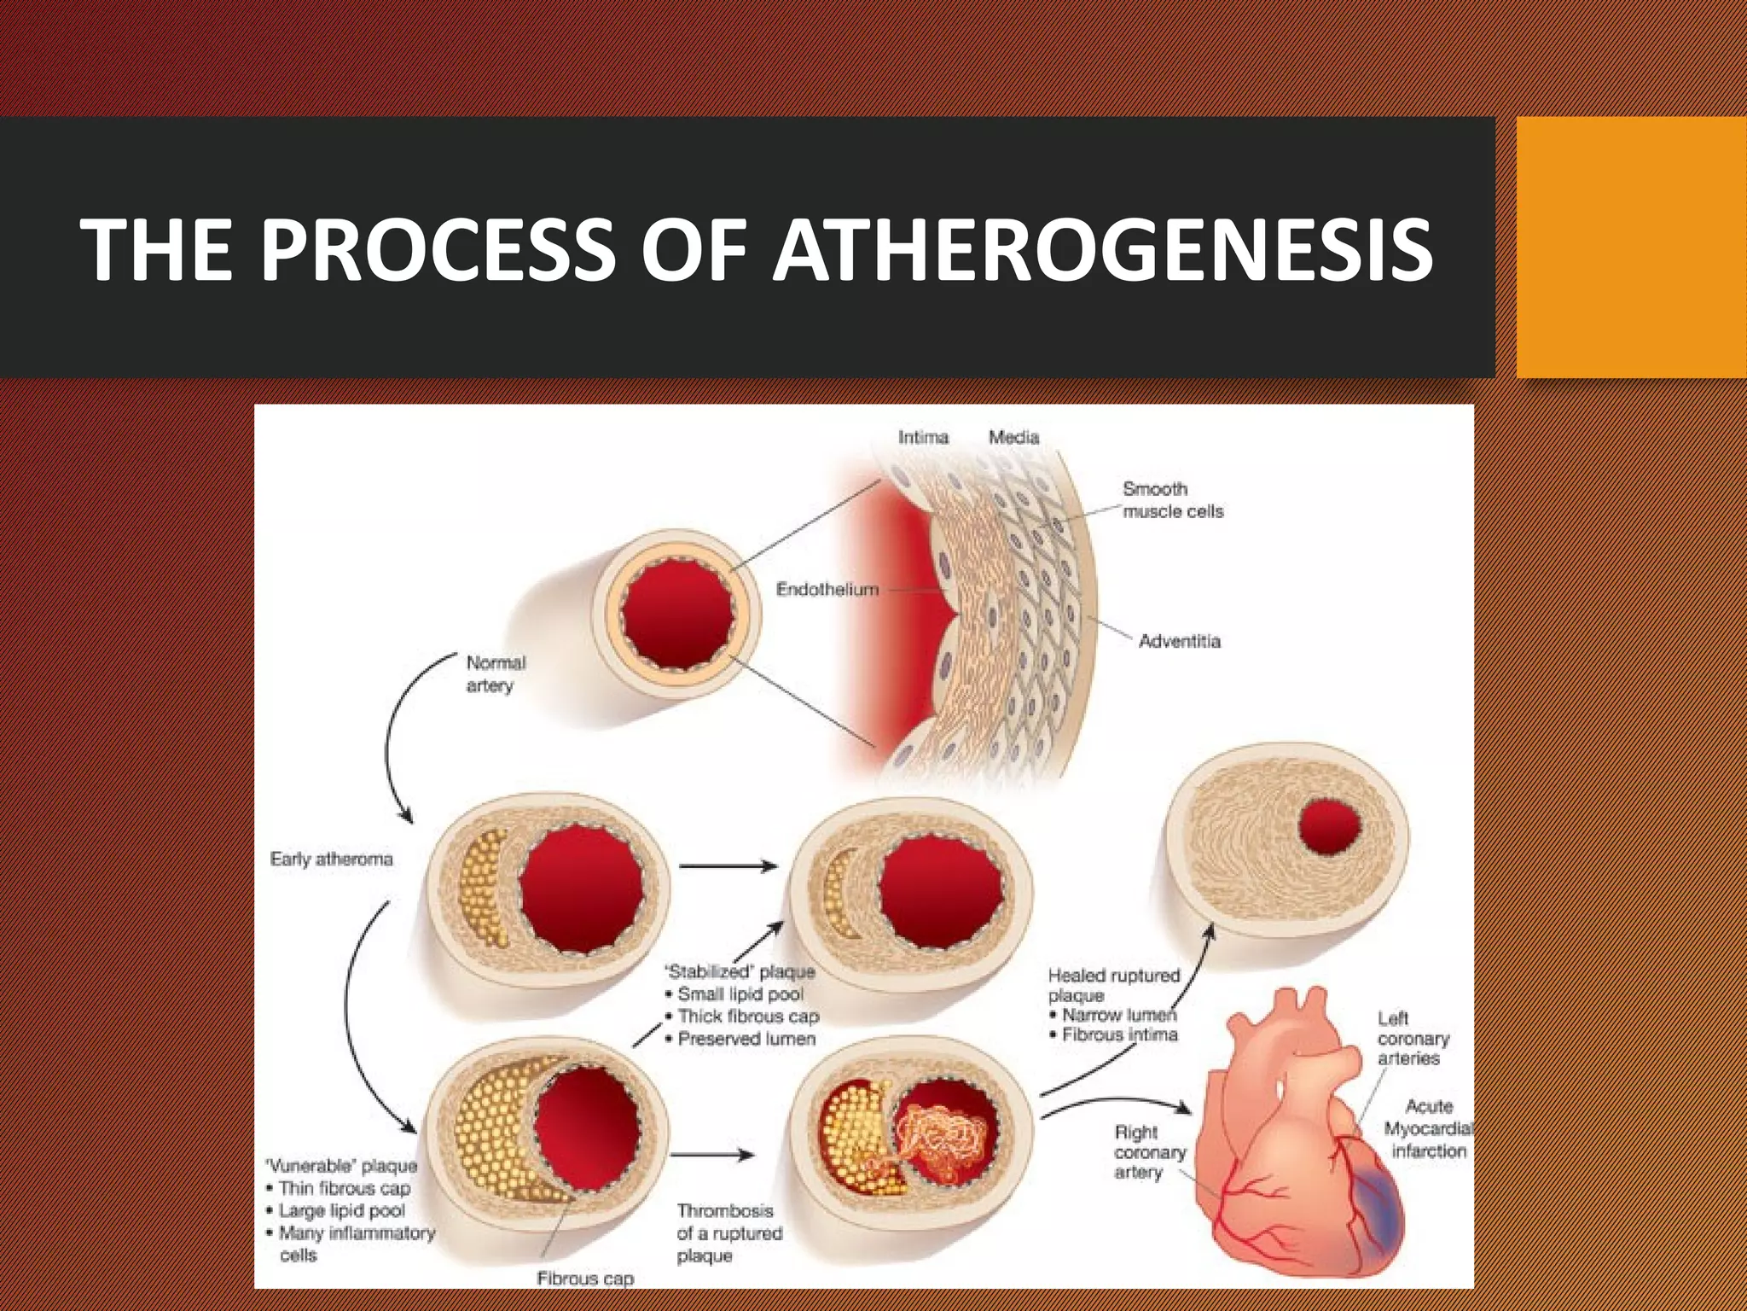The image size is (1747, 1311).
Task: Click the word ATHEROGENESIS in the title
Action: tap(1102, 249)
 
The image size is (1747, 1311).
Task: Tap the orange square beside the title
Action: tap(1631, 248)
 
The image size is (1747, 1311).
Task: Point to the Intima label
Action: tap(923, 438)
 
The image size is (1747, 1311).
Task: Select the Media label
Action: tap(1013, 438)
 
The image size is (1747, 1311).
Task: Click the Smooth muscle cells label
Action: tap(1172, 500)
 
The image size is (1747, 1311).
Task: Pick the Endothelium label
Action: tap(827, 590)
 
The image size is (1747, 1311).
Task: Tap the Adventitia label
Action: tap(1179, 642)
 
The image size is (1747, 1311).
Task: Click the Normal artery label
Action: tap(495, 674)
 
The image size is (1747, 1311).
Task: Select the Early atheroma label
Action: tap(331, 859)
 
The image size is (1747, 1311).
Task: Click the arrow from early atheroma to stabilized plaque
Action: tap(728, 866)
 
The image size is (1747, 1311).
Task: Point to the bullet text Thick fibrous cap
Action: tap(747, 1017)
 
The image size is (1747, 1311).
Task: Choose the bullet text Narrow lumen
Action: tap(1118, 1016)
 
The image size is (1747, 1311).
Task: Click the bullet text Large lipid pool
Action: tap(341, 1210)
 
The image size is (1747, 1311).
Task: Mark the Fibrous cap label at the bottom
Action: tap(585, 1279)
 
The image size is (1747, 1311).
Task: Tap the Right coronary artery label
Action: tap(1149, 1152)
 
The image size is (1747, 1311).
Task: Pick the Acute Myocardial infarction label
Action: tap(1428, 1128)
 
